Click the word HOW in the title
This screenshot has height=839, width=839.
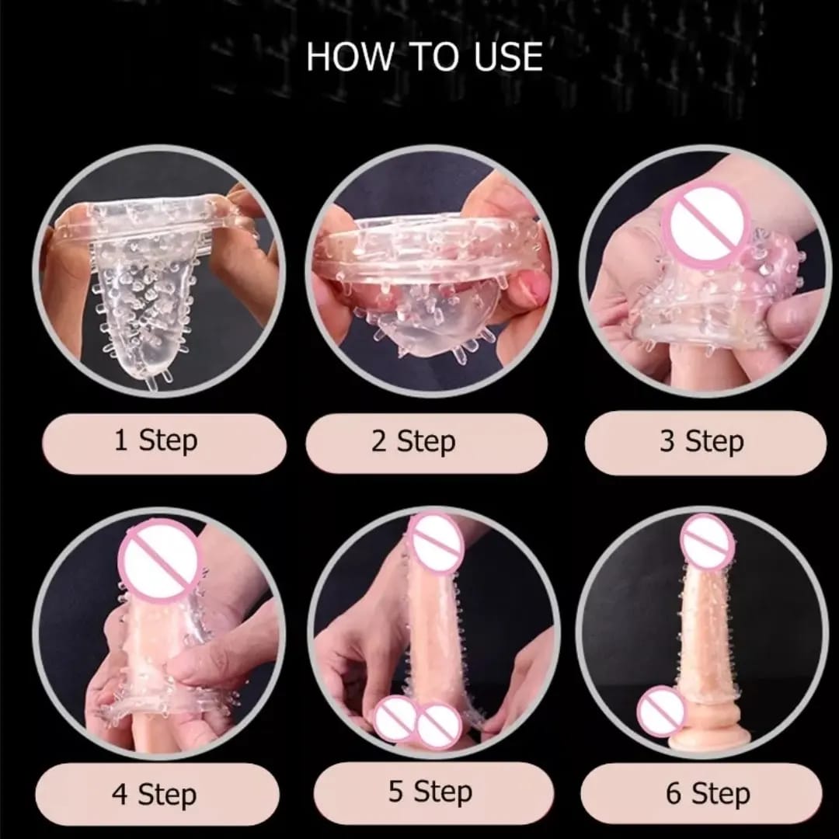(350, 56)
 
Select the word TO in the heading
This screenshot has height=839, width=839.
(433, 56)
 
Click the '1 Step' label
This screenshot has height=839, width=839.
(155, 441)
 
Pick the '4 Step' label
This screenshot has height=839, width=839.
(154, 795)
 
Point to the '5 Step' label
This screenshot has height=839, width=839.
(430, 792)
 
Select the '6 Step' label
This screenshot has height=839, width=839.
(708, 793)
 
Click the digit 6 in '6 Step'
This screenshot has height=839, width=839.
(674, 792)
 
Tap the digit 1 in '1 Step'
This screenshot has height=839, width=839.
(121, 440)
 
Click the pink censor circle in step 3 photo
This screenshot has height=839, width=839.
(702, 221)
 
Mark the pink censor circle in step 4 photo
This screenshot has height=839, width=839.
(158, 559)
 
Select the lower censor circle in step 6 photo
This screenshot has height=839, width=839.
(661, 712)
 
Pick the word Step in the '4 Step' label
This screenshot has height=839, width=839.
(167, 795)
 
